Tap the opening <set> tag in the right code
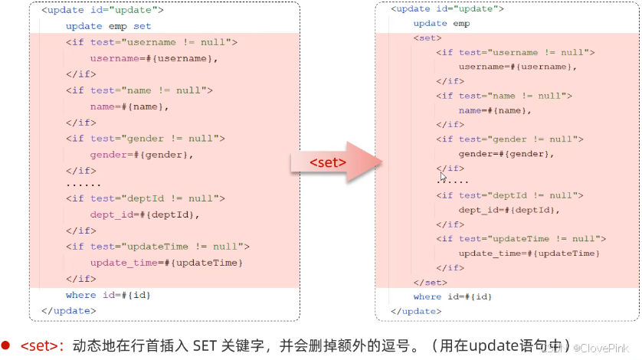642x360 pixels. (x=427, y=38)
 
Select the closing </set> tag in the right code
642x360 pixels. (x=429, y=283)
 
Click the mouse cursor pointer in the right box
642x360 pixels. (x=443, y=176)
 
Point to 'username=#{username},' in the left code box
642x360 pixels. (x=154, y=58)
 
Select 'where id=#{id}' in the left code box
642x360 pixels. (x=107, y=295)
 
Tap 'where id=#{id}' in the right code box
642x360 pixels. (x=453, y=297)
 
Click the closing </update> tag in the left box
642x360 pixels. (x=69, y=311)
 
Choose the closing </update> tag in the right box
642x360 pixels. (x=416, y=311)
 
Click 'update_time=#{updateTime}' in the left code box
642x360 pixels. (x=166, y=263)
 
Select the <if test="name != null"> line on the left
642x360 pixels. (x=139, y=90)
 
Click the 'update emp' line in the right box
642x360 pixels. (x=441, y=24)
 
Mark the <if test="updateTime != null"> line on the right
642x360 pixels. (x=521, y=239)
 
